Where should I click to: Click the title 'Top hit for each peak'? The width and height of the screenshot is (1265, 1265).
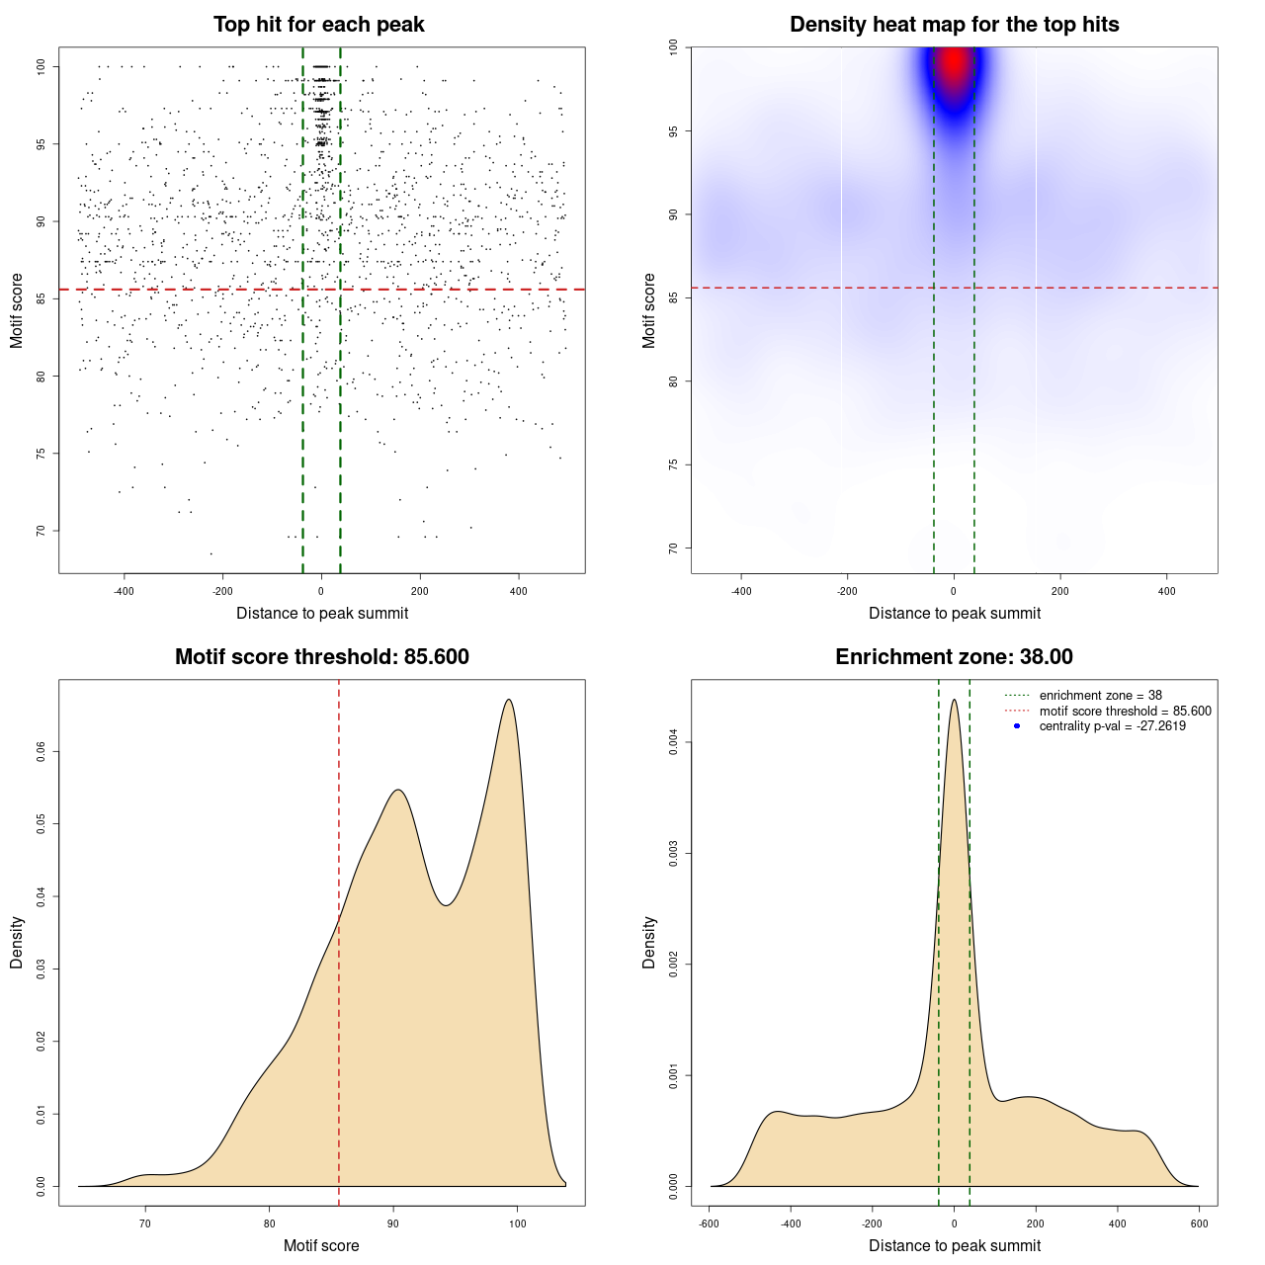tap(318, 25)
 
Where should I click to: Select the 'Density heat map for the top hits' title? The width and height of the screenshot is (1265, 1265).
tap(954, 25)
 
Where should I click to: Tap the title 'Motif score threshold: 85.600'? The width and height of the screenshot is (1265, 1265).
tap(321, 657)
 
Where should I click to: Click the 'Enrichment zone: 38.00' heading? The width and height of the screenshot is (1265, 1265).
tap(954, 657)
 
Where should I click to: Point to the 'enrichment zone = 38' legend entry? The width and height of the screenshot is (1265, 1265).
tap(1100, 696)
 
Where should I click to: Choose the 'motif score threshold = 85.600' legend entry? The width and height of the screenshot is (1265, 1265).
tap(1125, 711)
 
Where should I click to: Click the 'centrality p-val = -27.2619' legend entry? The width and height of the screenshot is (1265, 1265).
tap(1112, 726)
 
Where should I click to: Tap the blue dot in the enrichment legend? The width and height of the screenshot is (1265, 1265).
tap(1017, 726)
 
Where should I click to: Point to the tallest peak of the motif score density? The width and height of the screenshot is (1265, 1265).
tap(509, 700)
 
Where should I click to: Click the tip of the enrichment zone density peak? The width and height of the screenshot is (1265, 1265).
tap(954, 700)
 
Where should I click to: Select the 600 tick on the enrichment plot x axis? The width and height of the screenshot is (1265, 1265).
tap(1199, 1223)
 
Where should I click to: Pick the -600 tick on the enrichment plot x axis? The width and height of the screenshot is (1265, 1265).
tap(709, 1223)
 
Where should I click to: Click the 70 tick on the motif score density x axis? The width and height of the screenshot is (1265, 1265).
tap(145, 1223)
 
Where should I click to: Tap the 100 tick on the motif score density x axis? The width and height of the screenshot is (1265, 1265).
tap(517, 1223)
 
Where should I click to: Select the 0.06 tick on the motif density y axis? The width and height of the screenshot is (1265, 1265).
tap(41, 752)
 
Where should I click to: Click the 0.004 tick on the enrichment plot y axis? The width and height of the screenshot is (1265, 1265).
tap(673, 742)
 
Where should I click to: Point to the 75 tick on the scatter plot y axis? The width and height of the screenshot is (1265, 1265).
tap(41, 454)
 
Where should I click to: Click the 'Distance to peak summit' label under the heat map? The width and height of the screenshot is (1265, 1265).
tap(954, 614)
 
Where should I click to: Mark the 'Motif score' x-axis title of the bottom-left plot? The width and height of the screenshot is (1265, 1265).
tap(321, 1246)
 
